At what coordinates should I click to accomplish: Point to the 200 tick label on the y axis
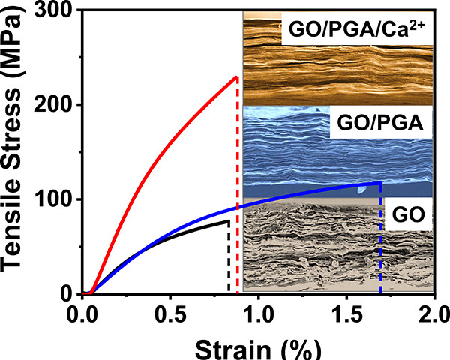click(61, 105)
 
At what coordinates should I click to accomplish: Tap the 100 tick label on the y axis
click(61, 200)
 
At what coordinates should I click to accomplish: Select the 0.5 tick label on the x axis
click(170, 311)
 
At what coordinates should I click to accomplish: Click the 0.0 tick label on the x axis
click(82, 311)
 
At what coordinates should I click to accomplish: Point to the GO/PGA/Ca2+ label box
click(352, 31)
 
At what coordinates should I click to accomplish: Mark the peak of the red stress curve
click(237, 76)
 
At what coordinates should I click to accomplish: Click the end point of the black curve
click(228, 221)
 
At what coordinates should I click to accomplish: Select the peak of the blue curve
click(381, 182)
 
